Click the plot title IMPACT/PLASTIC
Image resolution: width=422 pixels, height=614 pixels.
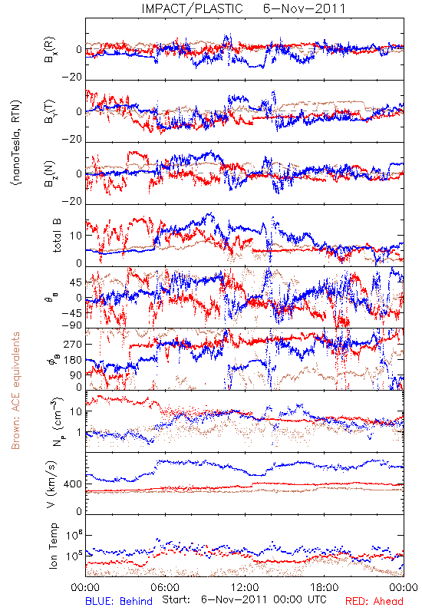tap(193, 8)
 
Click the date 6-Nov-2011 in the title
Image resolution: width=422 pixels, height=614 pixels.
tap(304, 8)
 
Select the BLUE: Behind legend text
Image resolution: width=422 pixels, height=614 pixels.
tap(119, 601)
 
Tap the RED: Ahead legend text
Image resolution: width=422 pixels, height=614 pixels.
tap(374, 601)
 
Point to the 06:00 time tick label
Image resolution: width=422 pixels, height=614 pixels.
tap(165, 587)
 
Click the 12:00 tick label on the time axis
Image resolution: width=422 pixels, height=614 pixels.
tap(245, 587)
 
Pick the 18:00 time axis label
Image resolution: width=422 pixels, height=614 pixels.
tap(324, 587)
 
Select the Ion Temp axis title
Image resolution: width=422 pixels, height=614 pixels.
tap(53, 546)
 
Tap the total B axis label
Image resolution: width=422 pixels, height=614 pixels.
tap(56, 236)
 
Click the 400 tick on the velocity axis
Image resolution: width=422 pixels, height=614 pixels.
tap(73, 484)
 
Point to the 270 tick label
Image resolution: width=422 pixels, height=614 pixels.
tap(73, 344)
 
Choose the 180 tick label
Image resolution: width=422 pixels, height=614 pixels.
tap(73, 360)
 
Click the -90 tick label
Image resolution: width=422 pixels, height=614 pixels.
tap(72, 325)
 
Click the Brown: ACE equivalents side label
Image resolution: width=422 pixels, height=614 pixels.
tap(15, 391)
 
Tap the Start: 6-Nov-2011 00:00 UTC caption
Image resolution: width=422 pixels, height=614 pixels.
tap(244, 600)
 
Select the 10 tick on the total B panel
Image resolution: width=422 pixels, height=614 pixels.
tap(76, 236)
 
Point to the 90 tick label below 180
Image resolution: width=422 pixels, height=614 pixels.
tap(76, 375)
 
